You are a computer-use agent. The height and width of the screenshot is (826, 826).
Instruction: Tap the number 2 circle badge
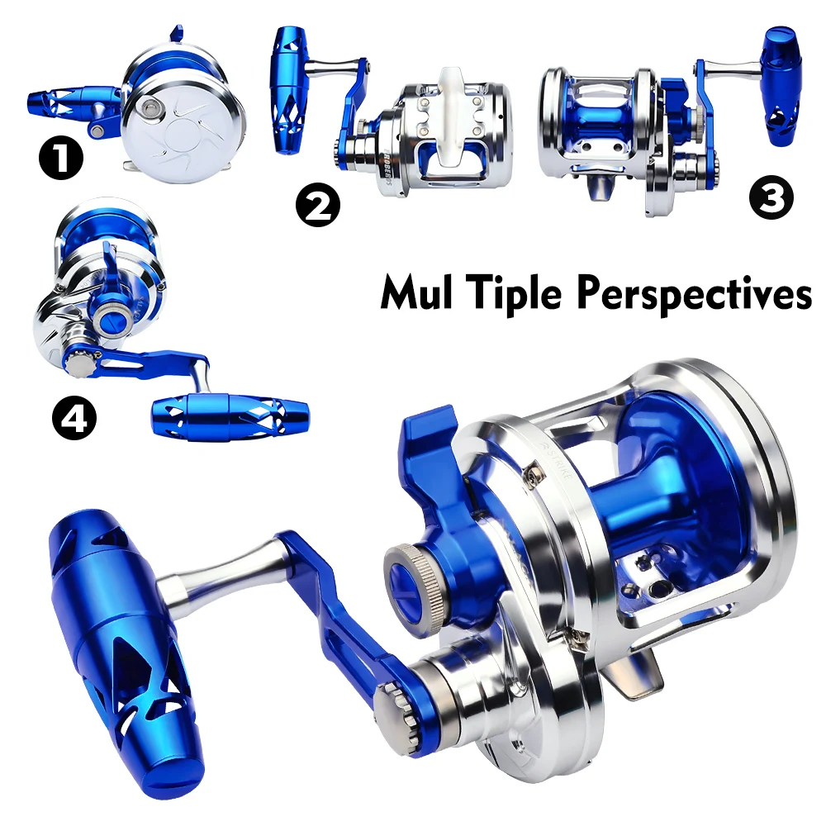click(317, 204)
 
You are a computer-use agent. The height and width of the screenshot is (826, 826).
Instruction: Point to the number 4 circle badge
click(75, 418)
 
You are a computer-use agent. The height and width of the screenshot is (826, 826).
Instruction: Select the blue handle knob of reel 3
click(780, 87)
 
